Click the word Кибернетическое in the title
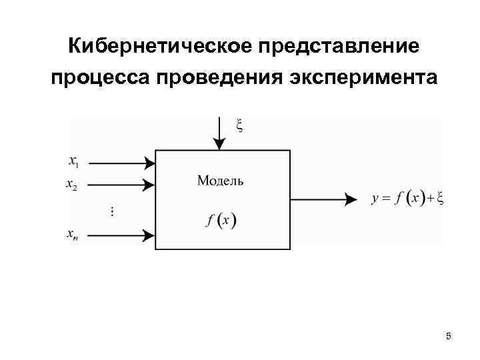tap(158, 47)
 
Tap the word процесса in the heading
tap(100, 78)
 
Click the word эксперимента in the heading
tap(364, 79)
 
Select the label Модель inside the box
tap(221, 180)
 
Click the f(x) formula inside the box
tap(221, 220)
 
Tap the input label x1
tap(73, 161)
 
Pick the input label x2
tap(72, 185)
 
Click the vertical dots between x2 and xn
tap(111, 211)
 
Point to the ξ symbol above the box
tap(240, 125)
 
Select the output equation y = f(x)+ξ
tap(407, 198)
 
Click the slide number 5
tap(448, 336)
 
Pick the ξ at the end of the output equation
tap(440, 198)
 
